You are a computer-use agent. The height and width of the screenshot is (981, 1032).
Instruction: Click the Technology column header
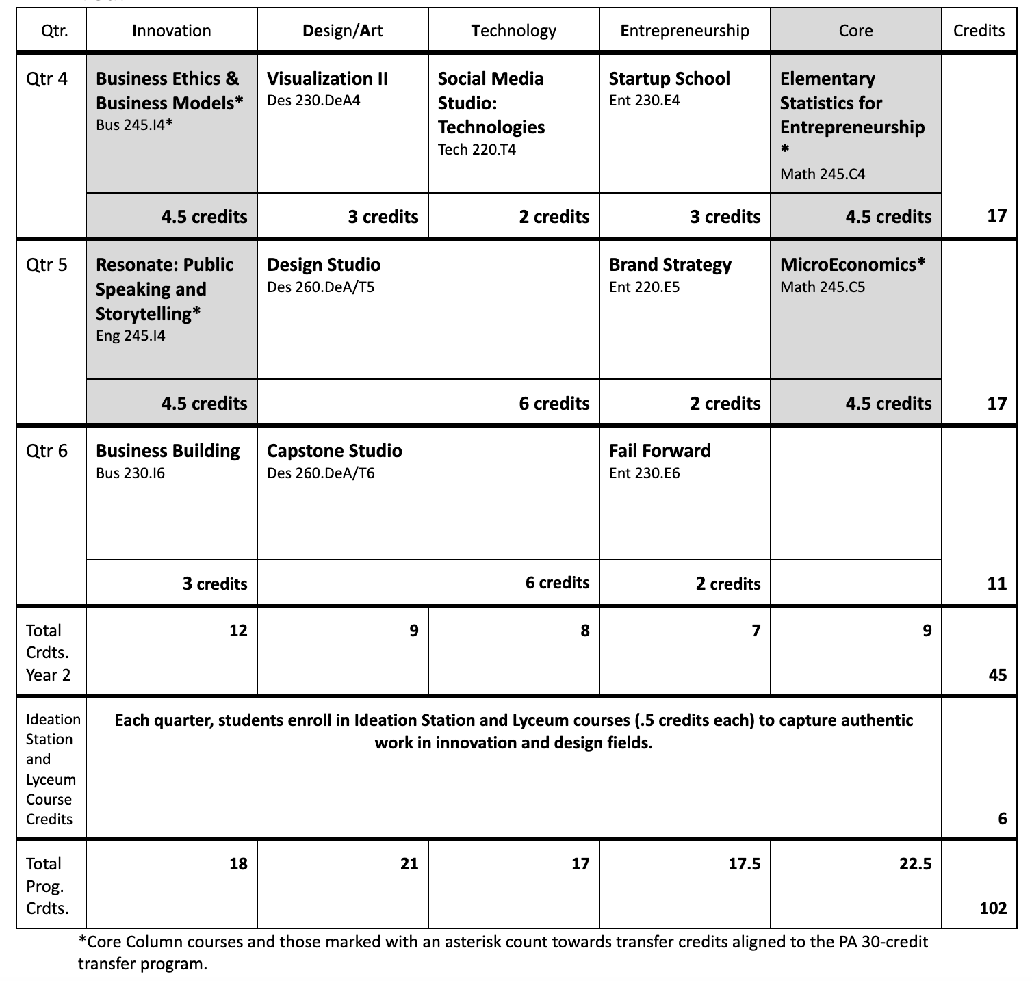point(513,31)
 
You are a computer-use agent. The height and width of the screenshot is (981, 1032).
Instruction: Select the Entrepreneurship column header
point(684,31)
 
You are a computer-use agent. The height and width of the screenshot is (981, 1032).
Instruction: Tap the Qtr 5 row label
point(47,265)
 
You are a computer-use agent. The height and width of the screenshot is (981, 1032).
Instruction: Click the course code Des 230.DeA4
point(313,101)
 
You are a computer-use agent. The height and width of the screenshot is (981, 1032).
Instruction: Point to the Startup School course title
point(669,79)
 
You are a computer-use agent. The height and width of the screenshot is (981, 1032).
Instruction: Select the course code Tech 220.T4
point(476,150)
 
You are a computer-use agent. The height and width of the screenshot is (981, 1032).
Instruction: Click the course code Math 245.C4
point(823,174)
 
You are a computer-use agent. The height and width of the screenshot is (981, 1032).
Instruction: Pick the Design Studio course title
point(324,265)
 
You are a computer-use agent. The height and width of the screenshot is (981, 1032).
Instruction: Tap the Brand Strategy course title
point(670,265)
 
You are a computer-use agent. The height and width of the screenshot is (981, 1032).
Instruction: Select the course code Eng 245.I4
point(130,336)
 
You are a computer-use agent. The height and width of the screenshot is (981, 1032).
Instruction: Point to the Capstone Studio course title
point(334,451)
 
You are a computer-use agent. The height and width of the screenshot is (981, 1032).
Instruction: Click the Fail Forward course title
point(660,451)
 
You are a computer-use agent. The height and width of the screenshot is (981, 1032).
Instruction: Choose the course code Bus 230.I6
point(130,473)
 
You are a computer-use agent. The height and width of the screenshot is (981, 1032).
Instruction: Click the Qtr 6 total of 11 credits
point(997,583)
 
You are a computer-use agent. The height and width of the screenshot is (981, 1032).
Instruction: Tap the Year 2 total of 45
point(998,675)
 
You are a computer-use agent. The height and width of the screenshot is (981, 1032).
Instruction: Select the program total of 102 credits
point(993,908)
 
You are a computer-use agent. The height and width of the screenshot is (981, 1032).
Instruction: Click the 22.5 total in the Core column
point(915,864)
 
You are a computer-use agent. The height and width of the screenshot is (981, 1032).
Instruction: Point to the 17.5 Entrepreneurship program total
point(744,864)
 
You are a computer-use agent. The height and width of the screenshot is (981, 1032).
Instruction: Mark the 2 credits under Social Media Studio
point(554,217)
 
